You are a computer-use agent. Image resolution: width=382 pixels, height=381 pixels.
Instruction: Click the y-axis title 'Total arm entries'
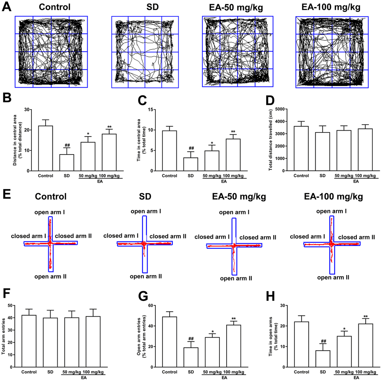click(4, 336)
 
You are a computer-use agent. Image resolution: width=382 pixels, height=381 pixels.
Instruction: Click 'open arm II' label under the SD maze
click(146, 276)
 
